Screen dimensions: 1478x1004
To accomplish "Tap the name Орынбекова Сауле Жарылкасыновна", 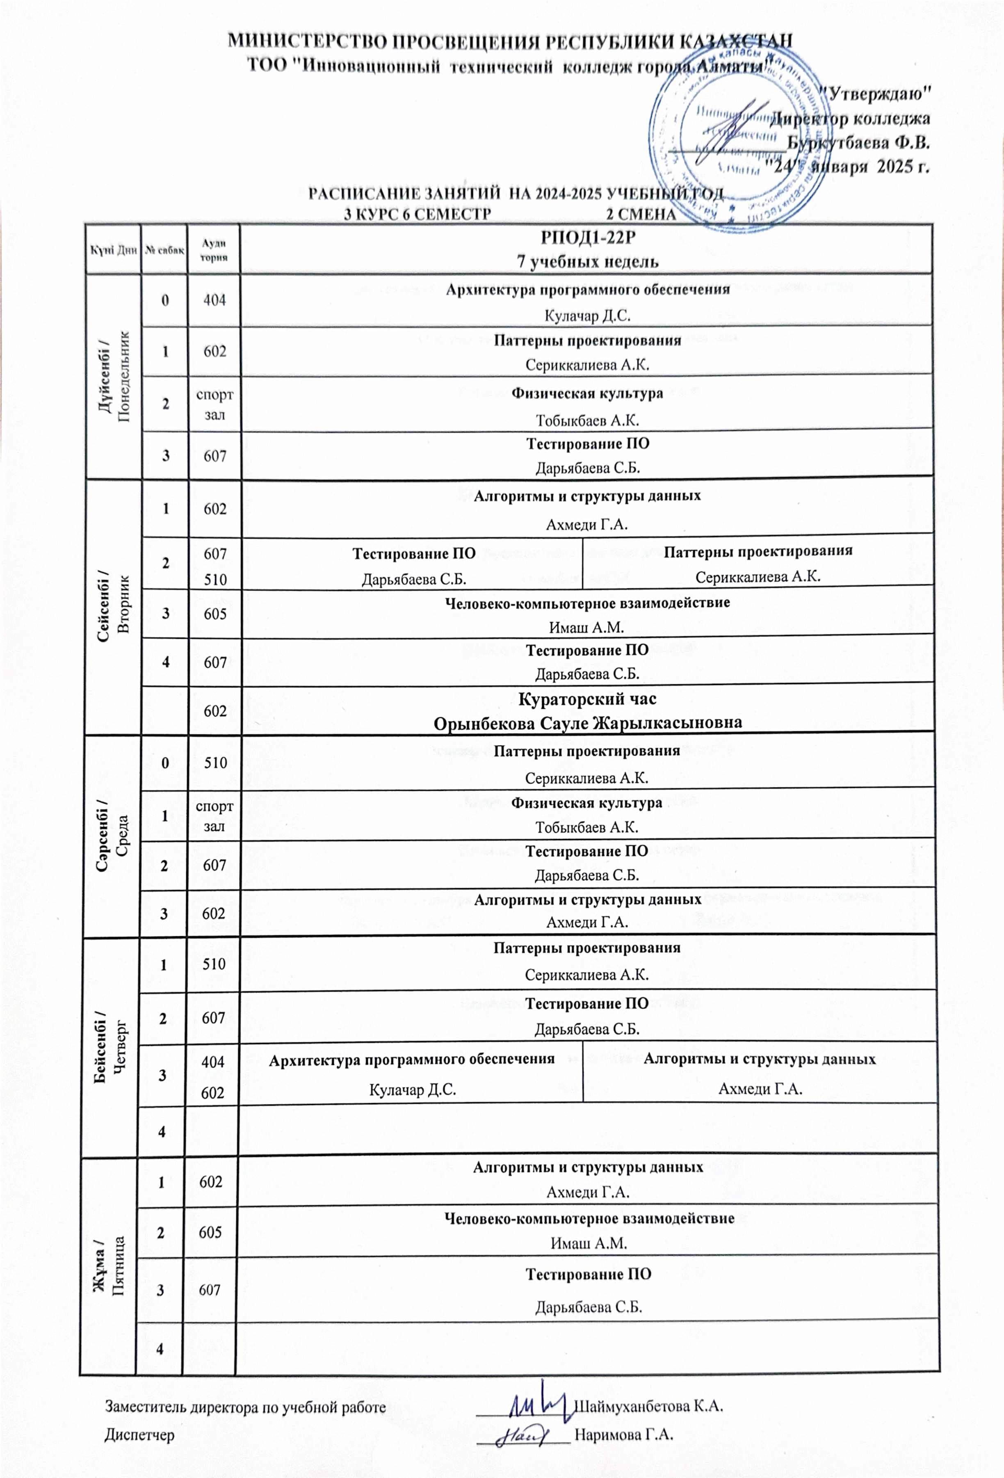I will coord(588,722).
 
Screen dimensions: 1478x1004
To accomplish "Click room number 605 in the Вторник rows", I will coord(215,614).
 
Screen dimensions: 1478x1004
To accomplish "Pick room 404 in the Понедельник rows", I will coord(215,300).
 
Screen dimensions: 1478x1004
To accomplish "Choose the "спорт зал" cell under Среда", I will coord(214,816).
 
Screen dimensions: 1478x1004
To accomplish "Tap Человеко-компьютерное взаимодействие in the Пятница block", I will coord(589,1218).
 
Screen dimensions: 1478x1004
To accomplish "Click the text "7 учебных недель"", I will coord(588,261).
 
